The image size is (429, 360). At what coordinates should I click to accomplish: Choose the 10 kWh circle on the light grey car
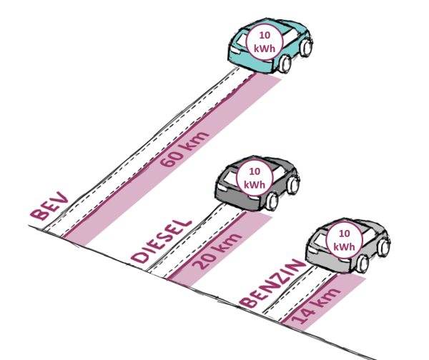pyautogui.click(x=345, y=240)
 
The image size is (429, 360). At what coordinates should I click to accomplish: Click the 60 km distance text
pyautogui.click(x=184, y=149)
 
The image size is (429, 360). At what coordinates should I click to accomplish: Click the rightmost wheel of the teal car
pyautogui.click(x=308, y=47)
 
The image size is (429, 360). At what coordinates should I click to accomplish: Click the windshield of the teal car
pyautogui.click(x=283, y=29)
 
